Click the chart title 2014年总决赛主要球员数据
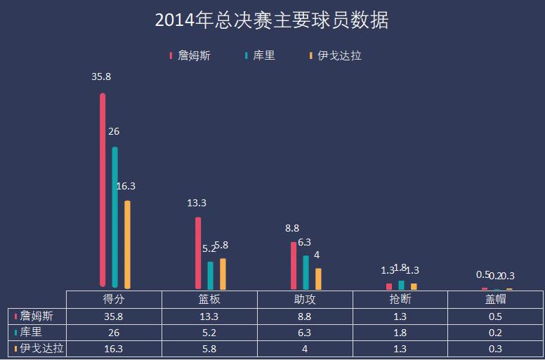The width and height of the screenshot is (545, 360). pos(272,20)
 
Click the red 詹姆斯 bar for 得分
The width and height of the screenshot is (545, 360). pos(103,189)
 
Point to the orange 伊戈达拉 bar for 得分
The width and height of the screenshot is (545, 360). pos(127,244)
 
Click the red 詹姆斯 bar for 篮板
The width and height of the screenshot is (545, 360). pos(198,253)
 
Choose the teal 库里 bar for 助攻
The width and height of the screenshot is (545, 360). pos(306,272)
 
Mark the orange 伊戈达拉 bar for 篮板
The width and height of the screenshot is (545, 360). pos(223,273)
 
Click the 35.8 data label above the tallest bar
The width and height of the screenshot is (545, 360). pos(101,76)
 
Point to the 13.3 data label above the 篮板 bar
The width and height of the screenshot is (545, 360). pos(197,203)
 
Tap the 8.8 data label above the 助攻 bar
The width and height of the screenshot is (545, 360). pos(292,228)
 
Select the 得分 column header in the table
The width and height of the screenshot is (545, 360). pos(114,299)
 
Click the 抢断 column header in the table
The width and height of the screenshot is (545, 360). pos(400,299)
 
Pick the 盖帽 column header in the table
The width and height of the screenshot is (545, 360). pos(495,299)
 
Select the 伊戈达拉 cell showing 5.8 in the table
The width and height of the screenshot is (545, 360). pos(209,348)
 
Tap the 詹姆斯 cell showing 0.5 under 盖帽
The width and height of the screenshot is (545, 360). pos(495,316)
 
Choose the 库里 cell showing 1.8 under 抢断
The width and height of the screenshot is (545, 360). pos(400,332)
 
